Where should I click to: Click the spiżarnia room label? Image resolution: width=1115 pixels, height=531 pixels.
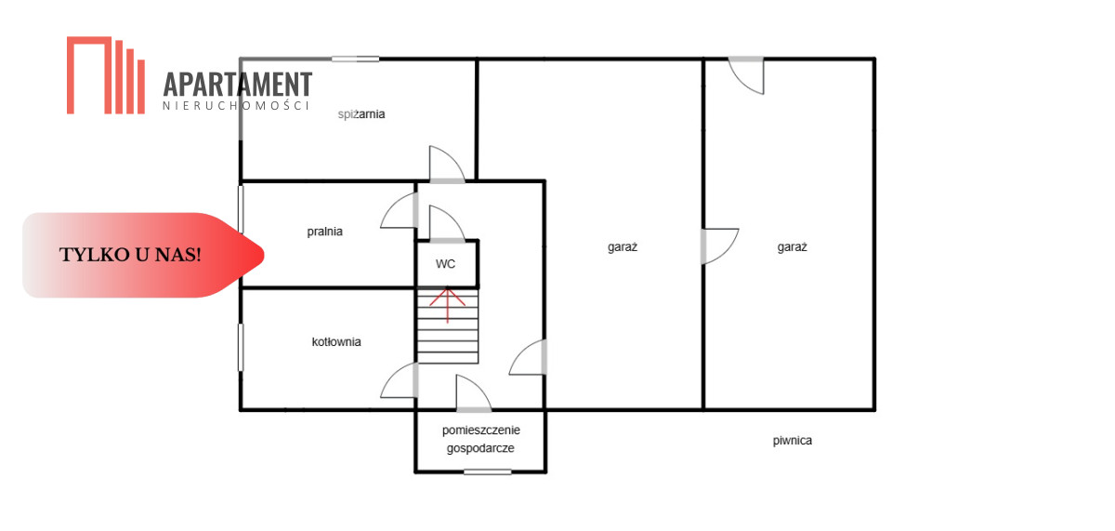(x=361, y=114)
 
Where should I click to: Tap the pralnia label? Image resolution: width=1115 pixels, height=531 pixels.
(x=324, y=232)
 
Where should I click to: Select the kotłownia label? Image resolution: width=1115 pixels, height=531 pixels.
(x=336, y=341)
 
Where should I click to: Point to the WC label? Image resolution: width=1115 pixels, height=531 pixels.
(x=445, y=264)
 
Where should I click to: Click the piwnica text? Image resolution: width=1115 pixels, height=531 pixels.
(x=793, y=441)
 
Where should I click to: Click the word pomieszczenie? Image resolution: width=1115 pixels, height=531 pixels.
(x=481, y=430)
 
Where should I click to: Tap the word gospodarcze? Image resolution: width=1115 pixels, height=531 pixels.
(x=480, y=448)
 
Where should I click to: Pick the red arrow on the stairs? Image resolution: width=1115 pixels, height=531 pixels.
(x=448, y=305)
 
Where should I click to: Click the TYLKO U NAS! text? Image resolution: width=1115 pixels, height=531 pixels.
(x=130, y=255)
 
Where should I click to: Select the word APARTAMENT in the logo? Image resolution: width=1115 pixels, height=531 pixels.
(x=238, y=85)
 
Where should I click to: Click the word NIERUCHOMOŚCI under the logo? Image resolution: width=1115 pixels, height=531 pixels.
(x=236, y=106)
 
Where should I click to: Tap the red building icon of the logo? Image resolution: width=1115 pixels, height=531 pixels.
(x=106, y=75)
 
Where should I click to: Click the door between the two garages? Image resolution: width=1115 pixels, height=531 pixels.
(x=720, y=246)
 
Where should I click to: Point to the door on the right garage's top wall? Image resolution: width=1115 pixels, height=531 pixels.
(x=746, y=75)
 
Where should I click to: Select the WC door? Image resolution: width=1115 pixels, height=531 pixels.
(x=447, y=224)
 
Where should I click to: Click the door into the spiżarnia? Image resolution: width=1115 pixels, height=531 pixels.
(x=447, y=165)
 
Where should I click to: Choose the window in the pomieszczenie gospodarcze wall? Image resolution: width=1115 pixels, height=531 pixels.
(x=487, y=471)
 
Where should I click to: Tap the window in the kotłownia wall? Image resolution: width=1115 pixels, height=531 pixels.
(x=241, y=347)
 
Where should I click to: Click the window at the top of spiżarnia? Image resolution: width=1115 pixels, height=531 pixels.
(x=355, y=59)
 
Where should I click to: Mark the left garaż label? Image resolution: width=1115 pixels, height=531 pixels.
(x=623, y=247)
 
